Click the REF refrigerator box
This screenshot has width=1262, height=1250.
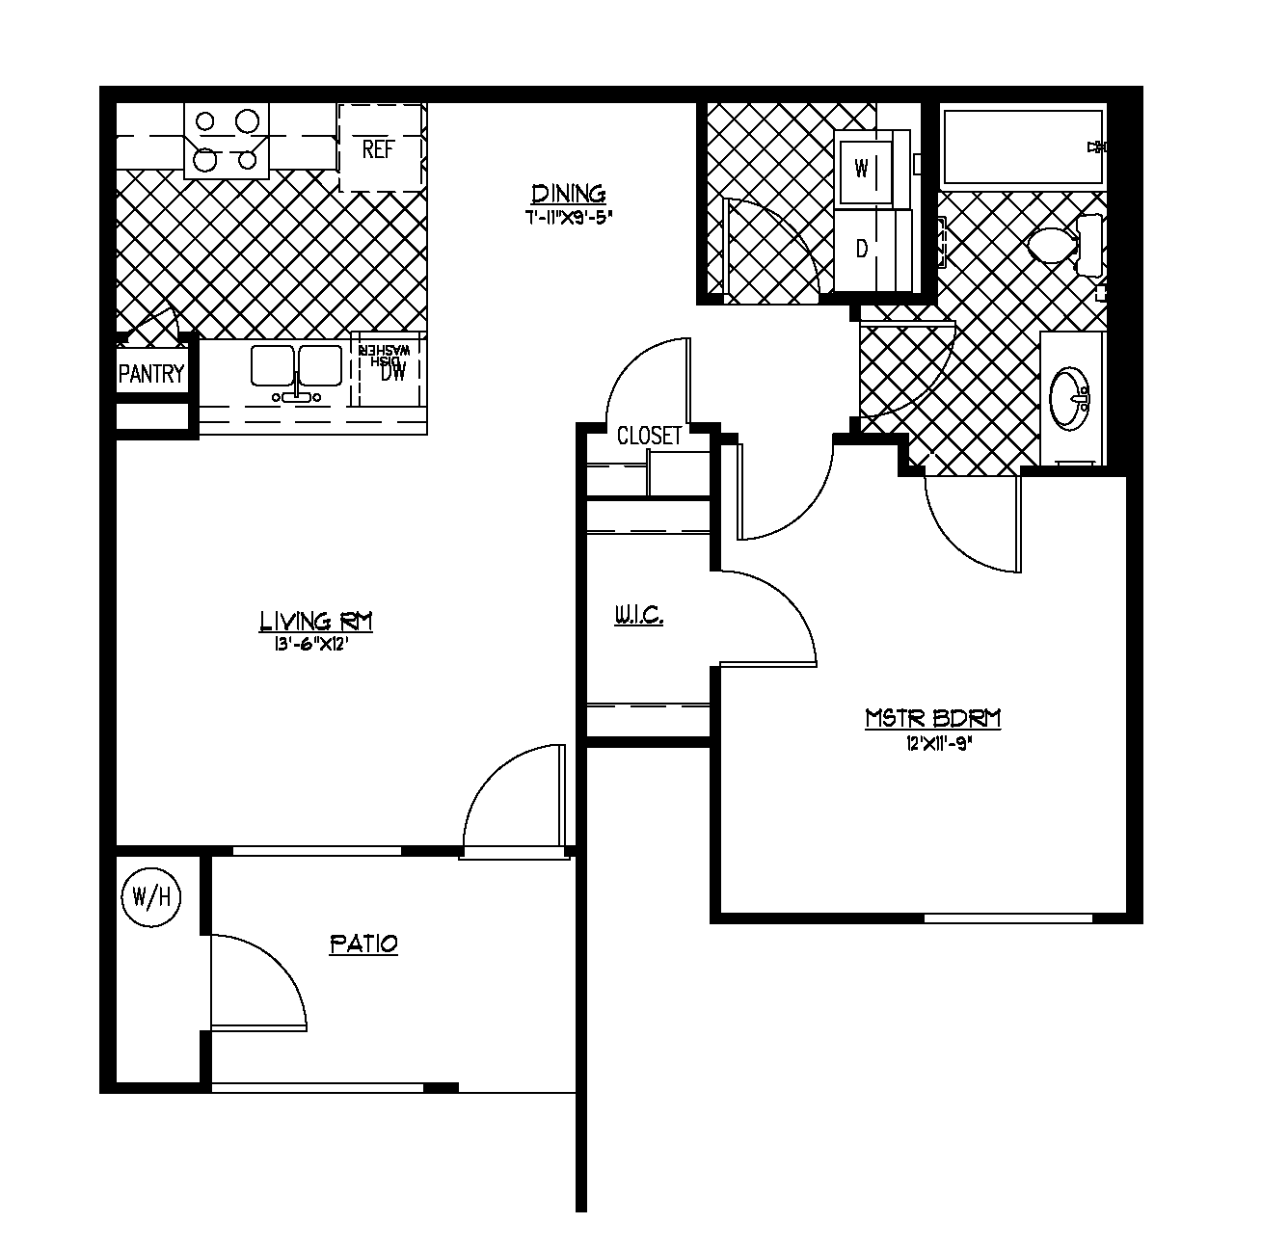point(380,148)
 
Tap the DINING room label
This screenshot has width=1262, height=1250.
point(569,194)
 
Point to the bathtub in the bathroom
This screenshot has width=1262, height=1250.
point(1022,146)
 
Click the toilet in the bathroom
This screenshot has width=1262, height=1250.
point(1057,244)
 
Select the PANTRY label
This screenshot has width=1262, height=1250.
point(151,374)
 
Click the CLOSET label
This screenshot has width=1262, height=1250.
point(649,437)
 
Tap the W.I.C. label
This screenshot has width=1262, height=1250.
point(638,615)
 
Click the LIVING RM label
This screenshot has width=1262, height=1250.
point(315,622)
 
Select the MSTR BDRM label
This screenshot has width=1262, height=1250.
point(932,719)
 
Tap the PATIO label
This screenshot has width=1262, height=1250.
point(363,944)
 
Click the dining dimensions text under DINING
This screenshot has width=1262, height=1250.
point(569,217)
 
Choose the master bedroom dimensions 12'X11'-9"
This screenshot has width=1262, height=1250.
point(932,743)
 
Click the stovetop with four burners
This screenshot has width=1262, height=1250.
point(227,141)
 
